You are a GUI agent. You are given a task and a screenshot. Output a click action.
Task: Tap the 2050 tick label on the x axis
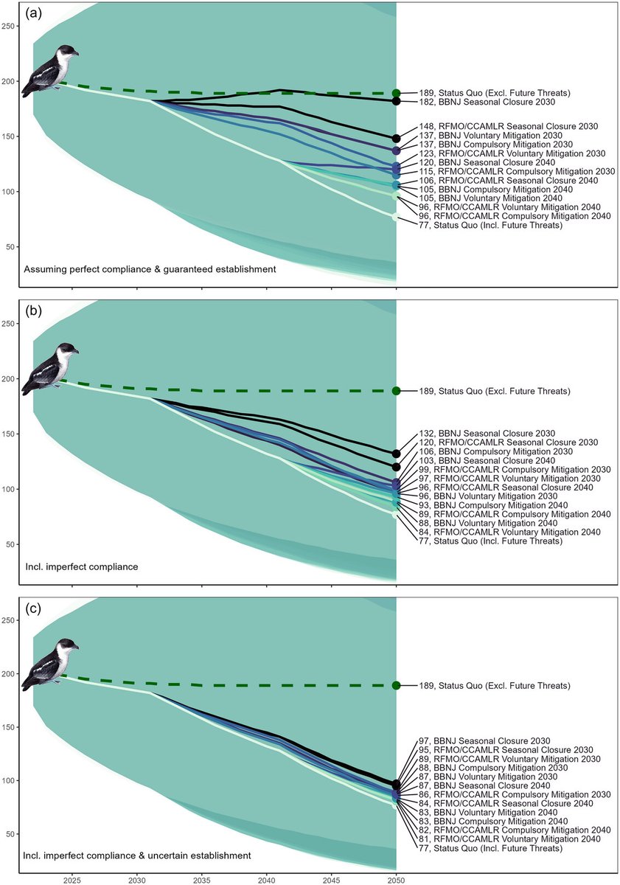(396, 879)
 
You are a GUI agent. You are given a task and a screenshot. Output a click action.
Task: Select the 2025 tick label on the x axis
(72, 879)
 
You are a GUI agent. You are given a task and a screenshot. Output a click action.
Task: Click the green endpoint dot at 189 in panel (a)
(397, 93)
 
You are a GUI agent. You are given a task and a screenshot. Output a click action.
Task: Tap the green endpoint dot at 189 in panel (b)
(397, 390)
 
